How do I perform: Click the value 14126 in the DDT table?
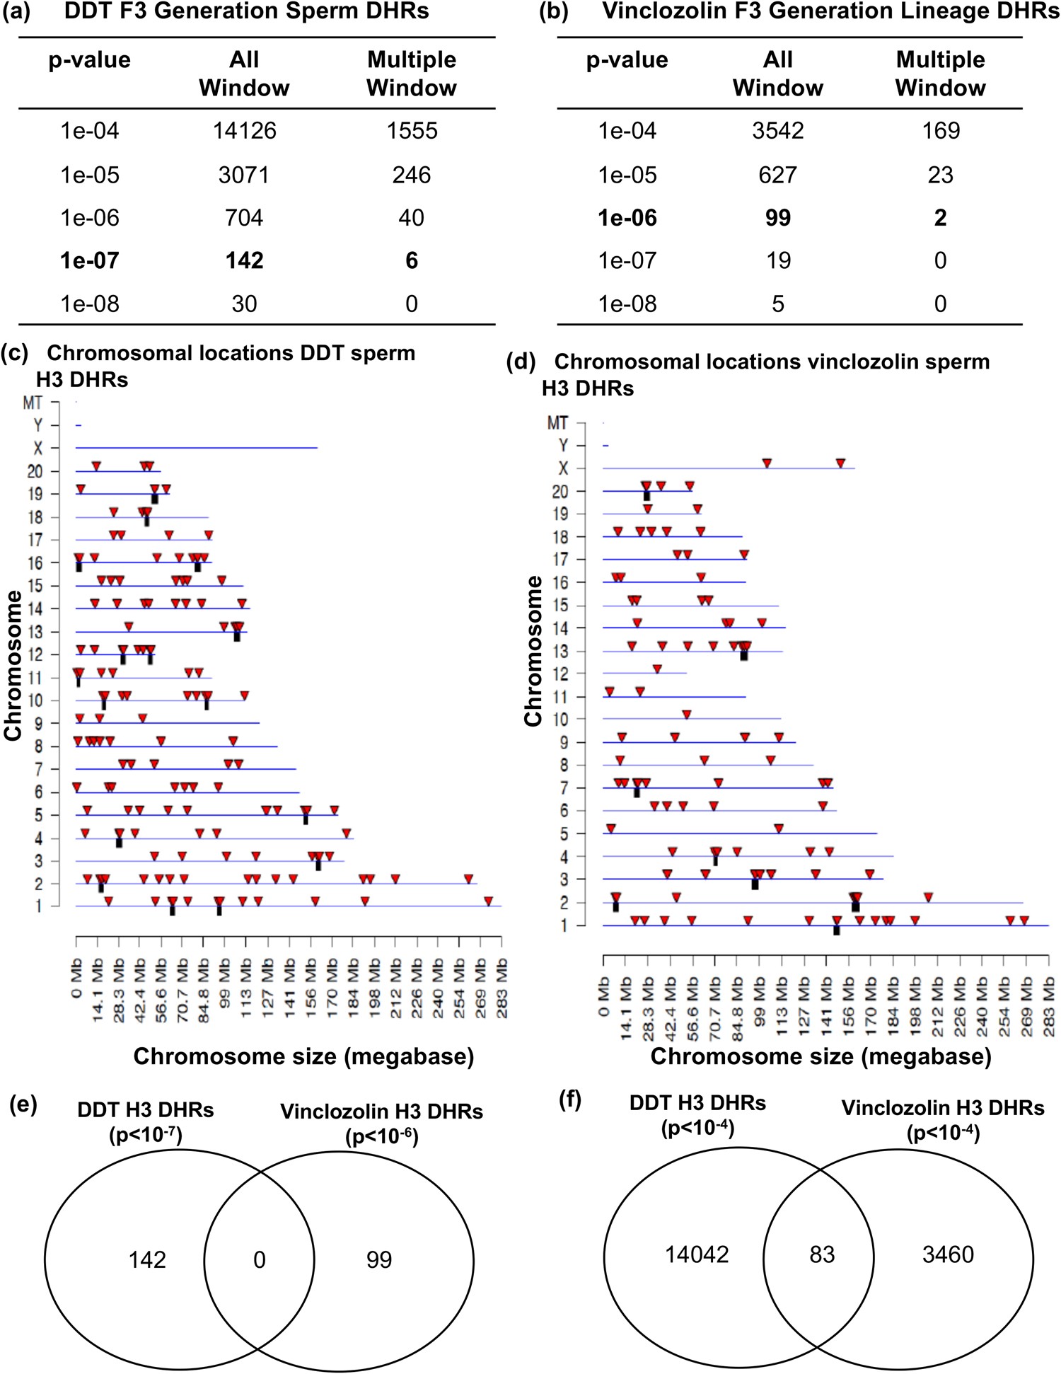[x=244, y=131]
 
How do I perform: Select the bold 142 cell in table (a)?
[x=244, y=260]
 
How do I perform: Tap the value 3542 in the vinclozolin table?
[x=777, y=131]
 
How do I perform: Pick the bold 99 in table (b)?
[x=777, y=218]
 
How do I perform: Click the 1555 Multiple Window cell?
[x=412, y=131]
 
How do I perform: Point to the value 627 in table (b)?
[x=777, y=175]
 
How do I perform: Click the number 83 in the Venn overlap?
[x=822, y=1254]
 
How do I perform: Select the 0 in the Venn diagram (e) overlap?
[x=259, y=1259]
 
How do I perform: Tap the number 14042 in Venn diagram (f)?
[x=697, y=1254]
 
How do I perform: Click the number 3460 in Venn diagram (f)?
[x=948, y=1254]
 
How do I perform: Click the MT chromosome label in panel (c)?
[x=33, y=403]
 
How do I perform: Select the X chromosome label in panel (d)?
[x=563, y=468]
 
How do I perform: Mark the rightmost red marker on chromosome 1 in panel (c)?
[x=488, y=901]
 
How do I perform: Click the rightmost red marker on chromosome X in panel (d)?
[x=840, y=463]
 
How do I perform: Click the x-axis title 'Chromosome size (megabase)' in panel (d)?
[x=821, y=1056]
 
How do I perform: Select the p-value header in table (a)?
[x=89, y=60]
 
